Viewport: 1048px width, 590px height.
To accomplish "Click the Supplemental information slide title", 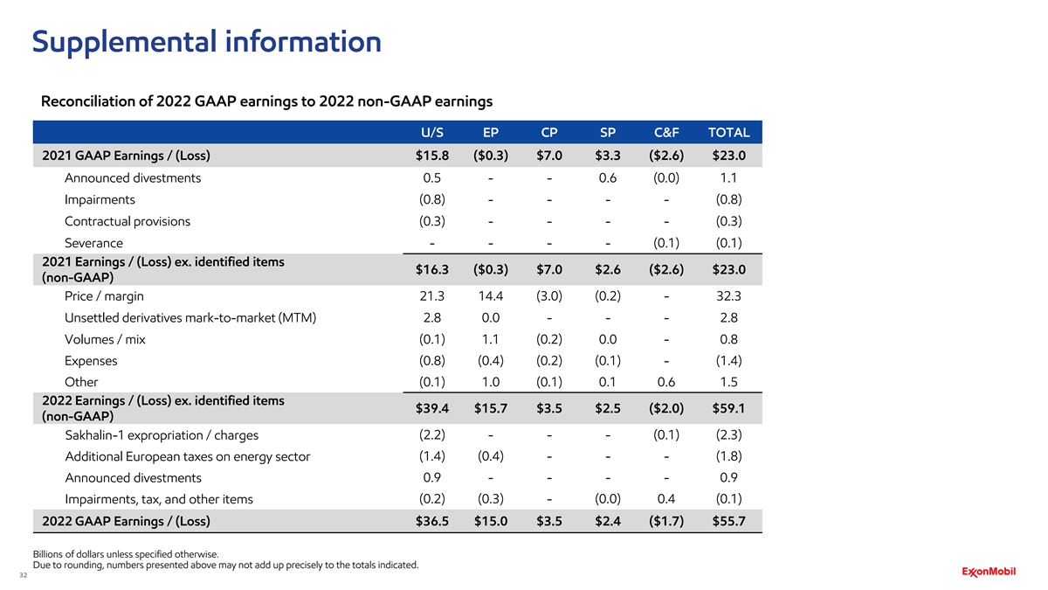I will pos(206,41).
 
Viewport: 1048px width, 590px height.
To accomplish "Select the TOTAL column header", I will pos(728,133).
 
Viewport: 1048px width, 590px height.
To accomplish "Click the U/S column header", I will pos(431,133).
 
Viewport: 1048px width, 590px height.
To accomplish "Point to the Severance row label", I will pos(93,243).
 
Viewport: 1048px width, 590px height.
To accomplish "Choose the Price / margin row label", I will pos(104,296).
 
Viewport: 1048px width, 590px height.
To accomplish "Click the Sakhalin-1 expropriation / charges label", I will pos(162,435).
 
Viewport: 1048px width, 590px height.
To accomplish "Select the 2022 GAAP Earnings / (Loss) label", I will pos(126,522).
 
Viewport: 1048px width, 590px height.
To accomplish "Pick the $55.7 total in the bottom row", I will pos(727,522).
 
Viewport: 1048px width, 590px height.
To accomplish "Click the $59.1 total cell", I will pos(727,408).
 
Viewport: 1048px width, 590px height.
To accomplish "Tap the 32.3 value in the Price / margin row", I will pos(729,296).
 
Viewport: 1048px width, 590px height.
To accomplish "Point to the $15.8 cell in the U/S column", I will pos(431,156).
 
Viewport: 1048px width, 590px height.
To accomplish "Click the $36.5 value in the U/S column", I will pos(431,522).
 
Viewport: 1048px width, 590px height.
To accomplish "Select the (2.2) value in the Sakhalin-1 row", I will pos(432,435).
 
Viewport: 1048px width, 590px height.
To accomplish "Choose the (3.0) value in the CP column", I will pos(549,296).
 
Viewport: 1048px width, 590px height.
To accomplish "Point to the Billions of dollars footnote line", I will pos(125,553).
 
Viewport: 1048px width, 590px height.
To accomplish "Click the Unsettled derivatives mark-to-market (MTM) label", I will pos(190,317).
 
